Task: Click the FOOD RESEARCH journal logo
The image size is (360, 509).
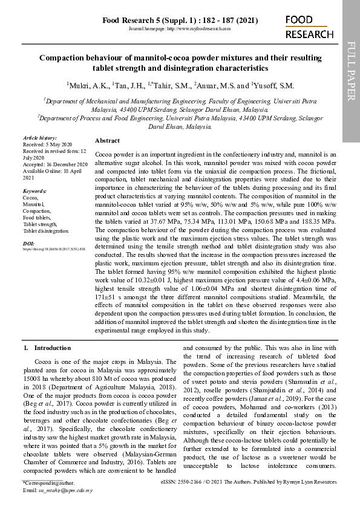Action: (309, 27)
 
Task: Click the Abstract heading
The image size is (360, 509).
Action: (108, 140)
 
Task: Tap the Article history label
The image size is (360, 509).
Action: (39, 138)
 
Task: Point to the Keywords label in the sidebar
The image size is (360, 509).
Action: (34, 191)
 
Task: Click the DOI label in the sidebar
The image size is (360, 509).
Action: (28, 243)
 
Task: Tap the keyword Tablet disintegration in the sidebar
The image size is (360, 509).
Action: (45, 231)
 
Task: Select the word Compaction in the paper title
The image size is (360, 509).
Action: (64, 58)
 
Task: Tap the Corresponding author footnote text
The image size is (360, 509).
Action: (48, 484)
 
